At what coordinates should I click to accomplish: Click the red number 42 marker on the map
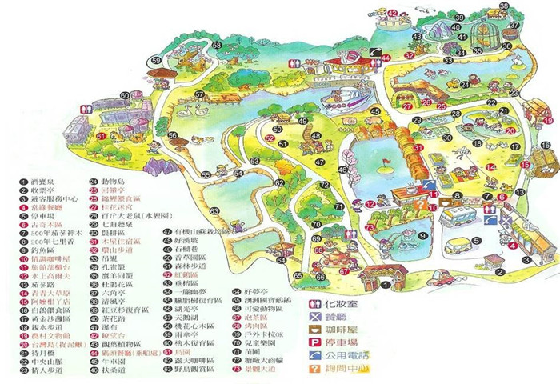click(x=393, y=12)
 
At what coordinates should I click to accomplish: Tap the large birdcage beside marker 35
click(x=485, y=34)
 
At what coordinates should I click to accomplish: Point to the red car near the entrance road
click(x=441, y=278)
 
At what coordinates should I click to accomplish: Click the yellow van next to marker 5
click(x=458, y=245)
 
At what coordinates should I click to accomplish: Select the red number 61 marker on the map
click(x=102, y=136)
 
